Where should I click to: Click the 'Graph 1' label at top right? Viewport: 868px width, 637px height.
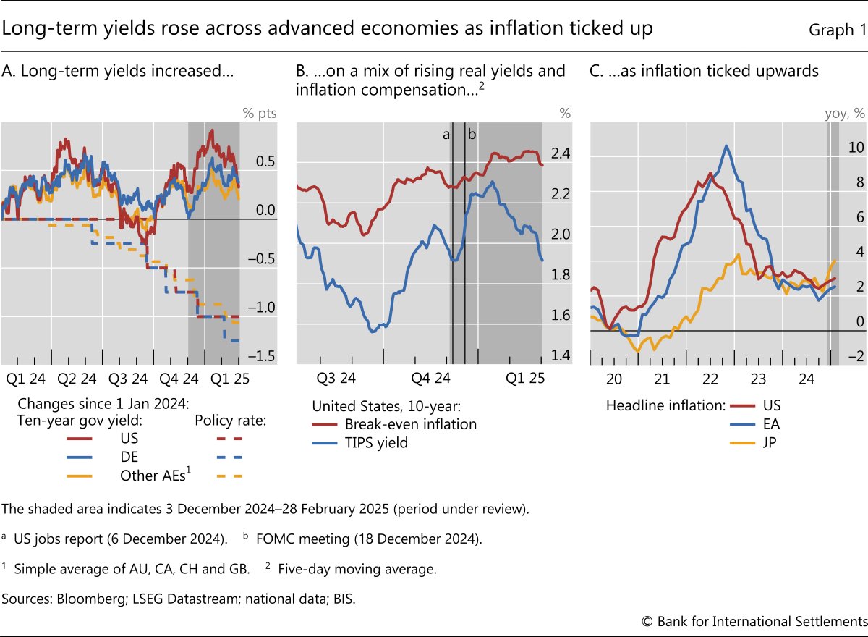point(837,30)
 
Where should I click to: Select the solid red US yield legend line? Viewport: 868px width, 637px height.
point(80,438)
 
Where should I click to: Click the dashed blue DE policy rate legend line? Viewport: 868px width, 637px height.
point(227,457)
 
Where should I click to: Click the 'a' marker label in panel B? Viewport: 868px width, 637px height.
point(446,134)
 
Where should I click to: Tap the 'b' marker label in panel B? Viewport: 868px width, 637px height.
point(472,134)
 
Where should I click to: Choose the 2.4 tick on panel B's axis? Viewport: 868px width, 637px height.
point(561,153)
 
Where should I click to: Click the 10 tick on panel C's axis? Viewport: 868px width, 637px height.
point(856,147)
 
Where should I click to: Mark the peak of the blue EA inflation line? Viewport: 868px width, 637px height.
point(726,146)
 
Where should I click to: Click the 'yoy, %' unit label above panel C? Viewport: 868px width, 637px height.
point(845,113)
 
